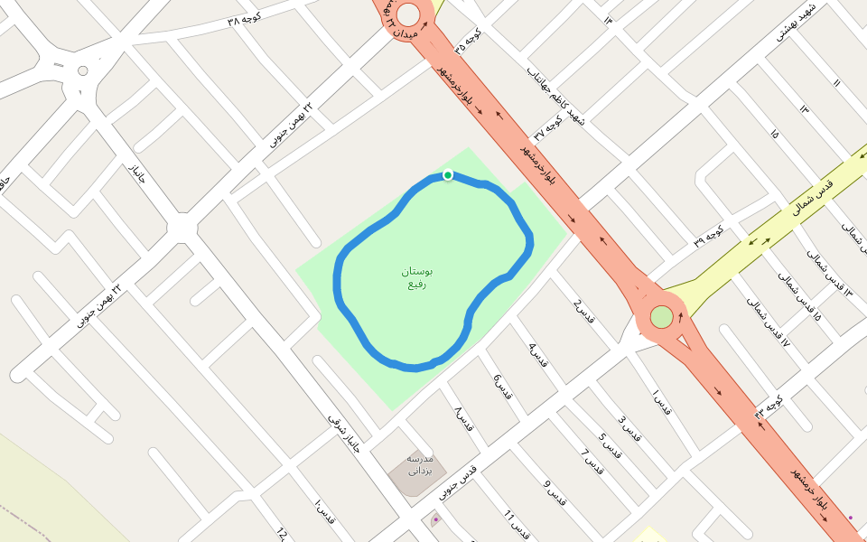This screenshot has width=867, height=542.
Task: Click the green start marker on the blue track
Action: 447,174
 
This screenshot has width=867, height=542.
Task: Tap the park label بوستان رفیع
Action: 417,277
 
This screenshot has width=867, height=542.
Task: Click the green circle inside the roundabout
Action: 662,317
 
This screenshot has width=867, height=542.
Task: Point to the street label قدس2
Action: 584,310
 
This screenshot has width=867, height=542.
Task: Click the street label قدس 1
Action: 661,402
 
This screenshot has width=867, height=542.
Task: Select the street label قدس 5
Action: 610,444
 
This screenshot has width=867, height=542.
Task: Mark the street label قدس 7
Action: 592,463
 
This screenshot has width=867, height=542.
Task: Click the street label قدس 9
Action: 555,492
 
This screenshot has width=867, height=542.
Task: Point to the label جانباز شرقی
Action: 344,434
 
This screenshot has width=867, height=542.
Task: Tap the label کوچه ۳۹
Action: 709,236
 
